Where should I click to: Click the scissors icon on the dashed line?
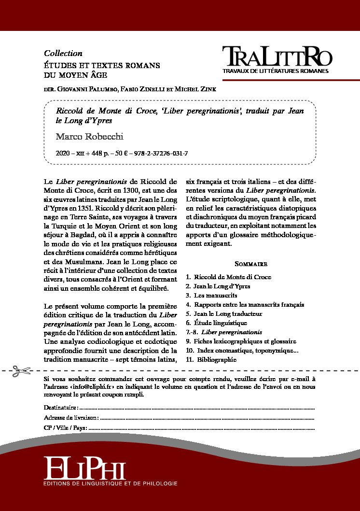coord(21,371)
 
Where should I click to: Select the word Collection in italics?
coord(63,53)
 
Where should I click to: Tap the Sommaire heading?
coord(251,264)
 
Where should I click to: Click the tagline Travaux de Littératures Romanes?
coord(275,71)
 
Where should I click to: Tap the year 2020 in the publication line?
coord(63,153)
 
